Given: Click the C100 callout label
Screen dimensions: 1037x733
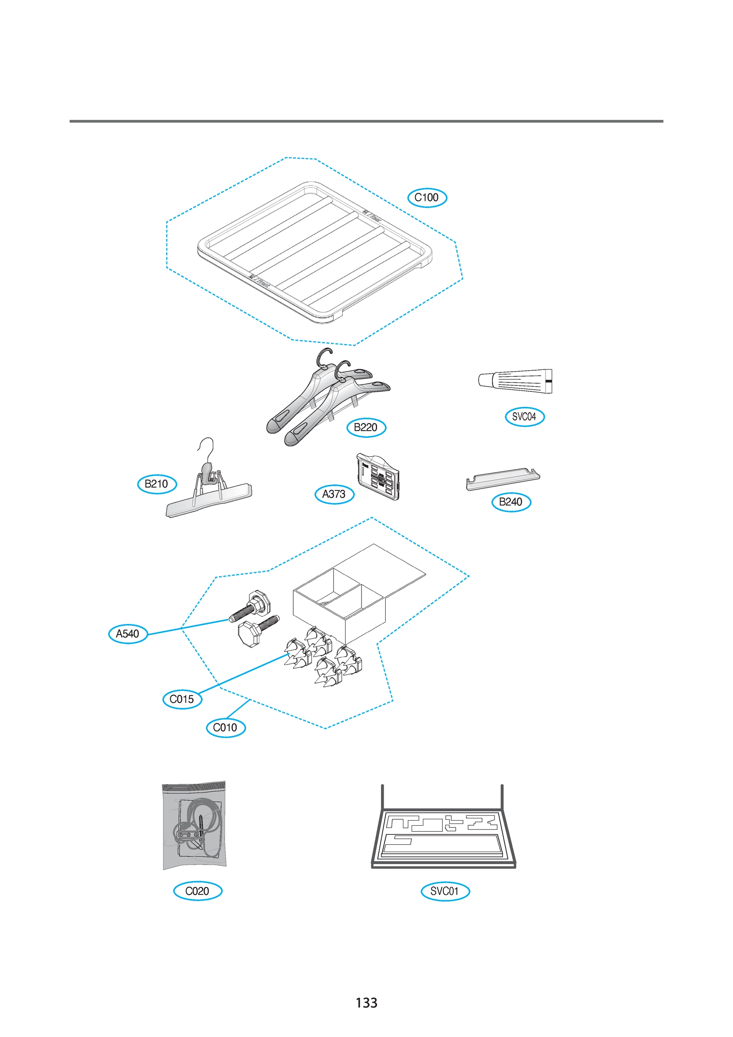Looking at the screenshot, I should (x=427, y=198).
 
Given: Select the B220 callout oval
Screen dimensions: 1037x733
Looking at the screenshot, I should (x=366, y=427).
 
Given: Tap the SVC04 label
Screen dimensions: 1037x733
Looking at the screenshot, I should (x=524, y=417).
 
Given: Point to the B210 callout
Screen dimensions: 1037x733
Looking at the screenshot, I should (x=157, y=484).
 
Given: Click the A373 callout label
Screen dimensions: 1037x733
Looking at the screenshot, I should (x=334, y=494).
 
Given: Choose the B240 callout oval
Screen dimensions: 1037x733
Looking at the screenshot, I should (x=511, y=502).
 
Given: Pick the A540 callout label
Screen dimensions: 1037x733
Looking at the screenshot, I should (x=128, y=634).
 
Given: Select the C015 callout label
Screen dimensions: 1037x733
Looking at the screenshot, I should (x=182, y=699).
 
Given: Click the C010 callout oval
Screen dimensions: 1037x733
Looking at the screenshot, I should (x=225, y=728).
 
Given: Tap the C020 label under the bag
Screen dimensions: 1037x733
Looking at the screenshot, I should (x=197, y=891).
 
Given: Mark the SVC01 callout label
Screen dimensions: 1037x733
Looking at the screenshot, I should (x=445, y=891).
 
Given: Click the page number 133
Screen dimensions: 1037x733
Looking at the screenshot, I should (x=366, y=1003).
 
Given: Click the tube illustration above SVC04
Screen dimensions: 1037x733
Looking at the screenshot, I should (x=515, y=381).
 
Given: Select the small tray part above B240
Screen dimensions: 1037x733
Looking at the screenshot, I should (x=502, y=479).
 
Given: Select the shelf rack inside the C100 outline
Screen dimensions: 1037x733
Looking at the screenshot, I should (x=315, y=253).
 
